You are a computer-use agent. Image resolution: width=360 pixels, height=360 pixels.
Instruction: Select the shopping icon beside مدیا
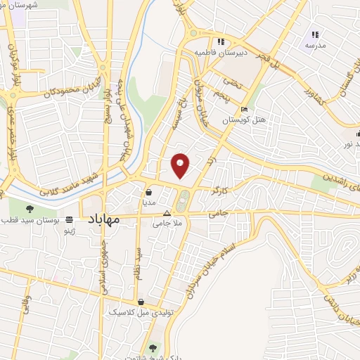click(149, 191)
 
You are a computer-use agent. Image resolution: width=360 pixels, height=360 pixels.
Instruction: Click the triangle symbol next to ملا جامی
click(167, 212)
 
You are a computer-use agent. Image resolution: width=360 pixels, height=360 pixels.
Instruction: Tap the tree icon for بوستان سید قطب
click(30, 208)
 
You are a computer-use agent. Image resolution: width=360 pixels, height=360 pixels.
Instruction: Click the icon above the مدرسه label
click(315, 34)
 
